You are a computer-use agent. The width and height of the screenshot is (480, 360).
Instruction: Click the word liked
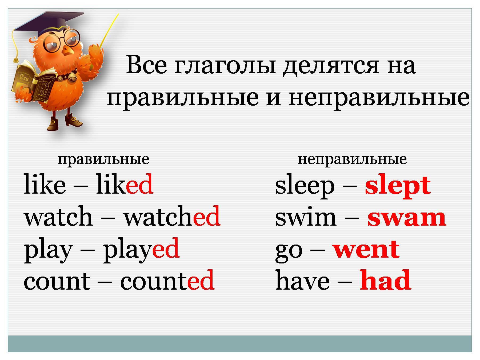point(124,184)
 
